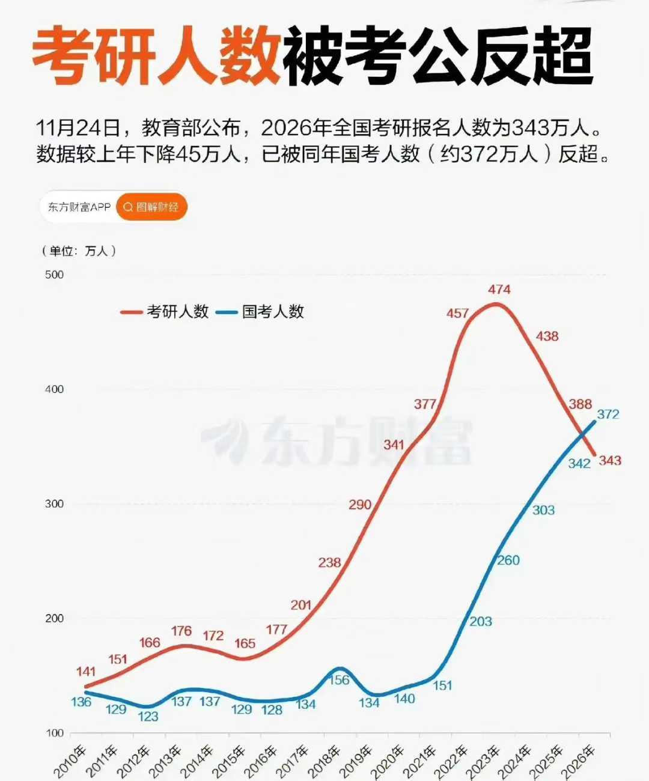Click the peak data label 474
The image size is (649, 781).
coord(499,290)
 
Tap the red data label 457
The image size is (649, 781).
coord(457,314)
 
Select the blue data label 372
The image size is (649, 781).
coord(608,415)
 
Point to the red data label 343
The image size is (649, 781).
coord(609,461)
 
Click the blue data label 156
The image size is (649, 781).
coord(339,680)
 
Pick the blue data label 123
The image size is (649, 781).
coord(148,717)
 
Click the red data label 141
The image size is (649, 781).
coord(86,672)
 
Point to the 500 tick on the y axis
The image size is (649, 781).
coord(54,275)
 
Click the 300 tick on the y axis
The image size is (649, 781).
coord(54,504)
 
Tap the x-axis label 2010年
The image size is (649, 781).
coord(70,761)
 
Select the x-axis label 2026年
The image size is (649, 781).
coord(577,761)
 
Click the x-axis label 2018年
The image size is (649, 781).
coord(324,761)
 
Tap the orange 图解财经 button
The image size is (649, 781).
coord(151,207)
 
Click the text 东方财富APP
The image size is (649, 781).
coord(79,207)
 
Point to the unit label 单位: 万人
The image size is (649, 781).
coord(79,251)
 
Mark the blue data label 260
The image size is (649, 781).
coord(508,561)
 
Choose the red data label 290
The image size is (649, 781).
coord(360,505)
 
